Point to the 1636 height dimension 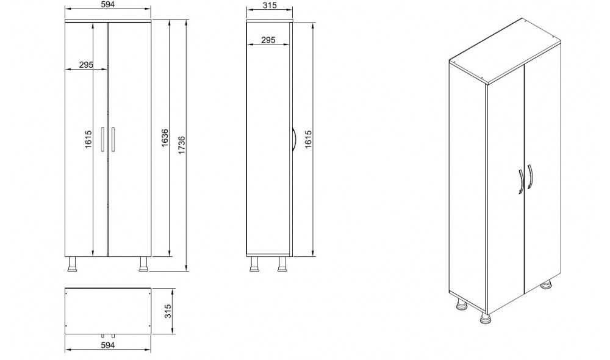pyautogui.click(x=164, y=144)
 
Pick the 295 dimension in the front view pyautogui.click(x=85, y=65)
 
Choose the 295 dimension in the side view pyautogui.click(x=267, y=40)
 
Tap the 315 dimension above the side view pyautogui.click(x=269, y=5)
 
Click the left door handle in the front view pyautogui.click(x=103, y=139)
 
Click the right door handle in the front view pyautogui.click(x=113, y=139)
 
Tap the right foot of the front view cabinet pyautogui.click(x=144, y=264)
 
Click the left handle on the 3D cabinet pyautogui.click(x=519, y=181)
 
